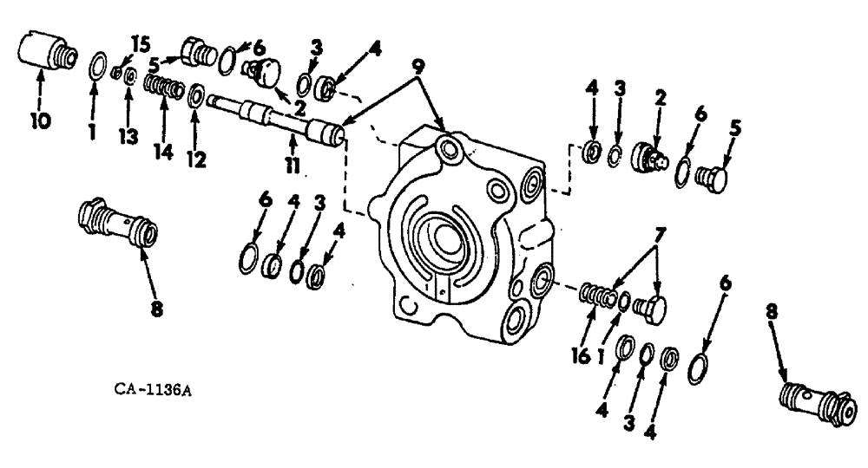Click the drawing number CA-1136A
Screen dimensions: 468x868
pyautogui.click(x=153, y=389)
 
